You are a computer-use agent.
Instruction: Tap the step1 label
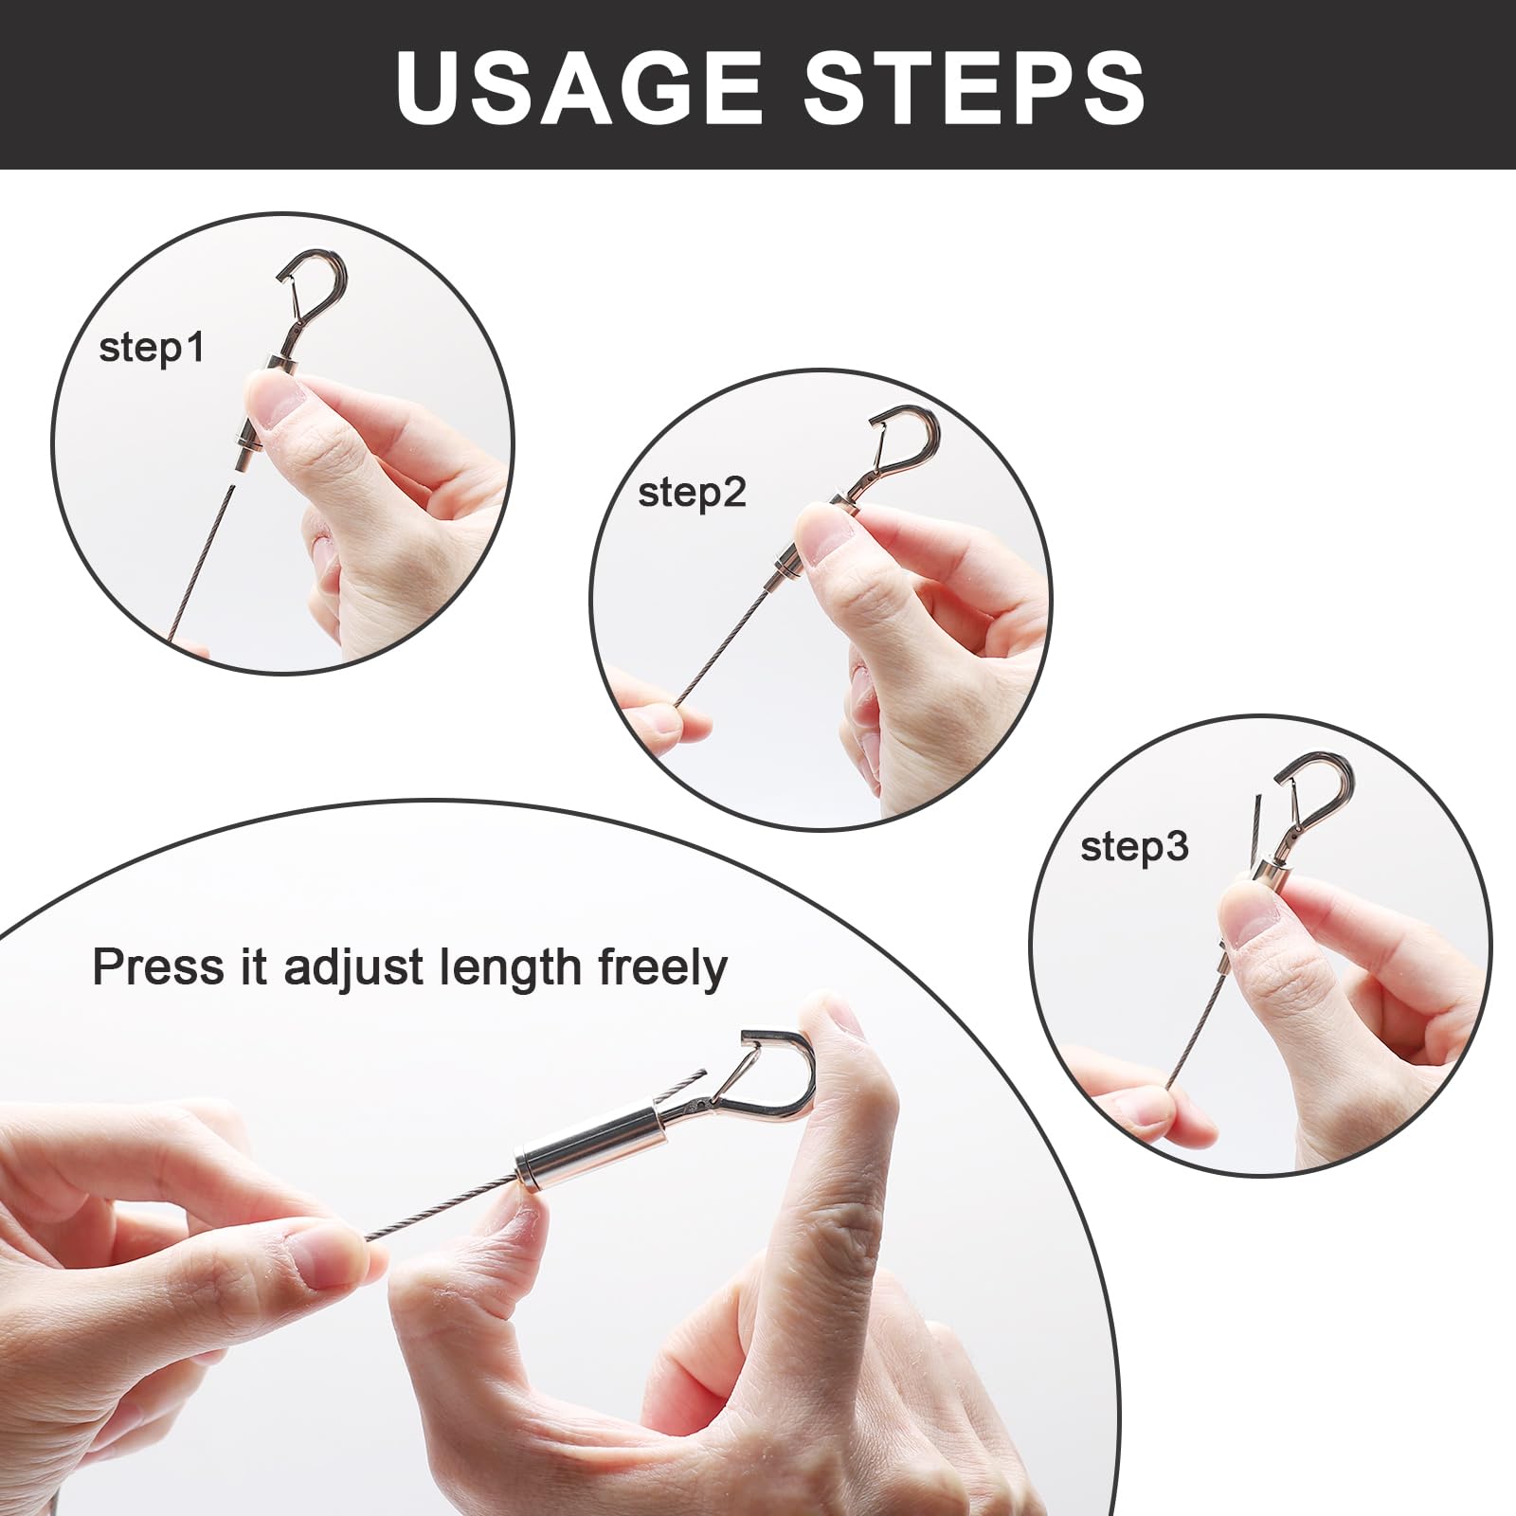(152, 349)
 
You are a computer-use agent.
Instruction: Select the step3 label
(1134, 847)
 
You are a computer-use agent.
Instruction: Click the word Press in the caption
(159, 967)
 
